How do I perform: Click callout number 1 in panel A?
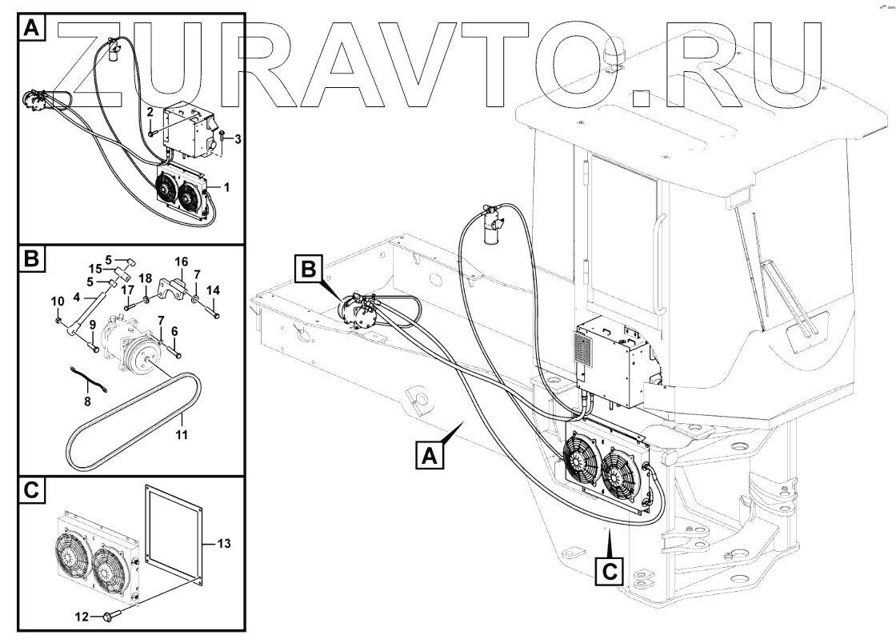click(227, 187)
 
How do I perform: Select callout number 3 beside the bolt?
click(238, 139)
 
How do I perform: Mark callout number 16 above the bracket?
click(182, 262)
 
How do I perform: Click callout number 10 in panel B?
click(56, 301)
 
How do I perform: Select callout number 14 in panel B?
click(213, 290)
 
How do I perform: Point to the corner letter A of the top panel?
click(30, 30)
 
